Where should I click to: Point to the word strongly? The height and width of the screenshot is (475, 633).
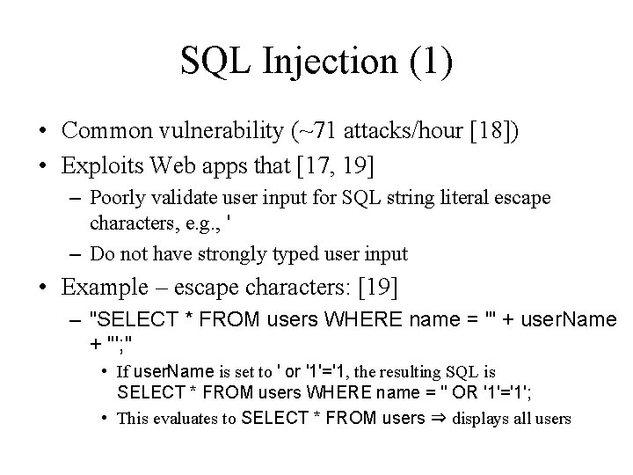pos(236,254)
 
